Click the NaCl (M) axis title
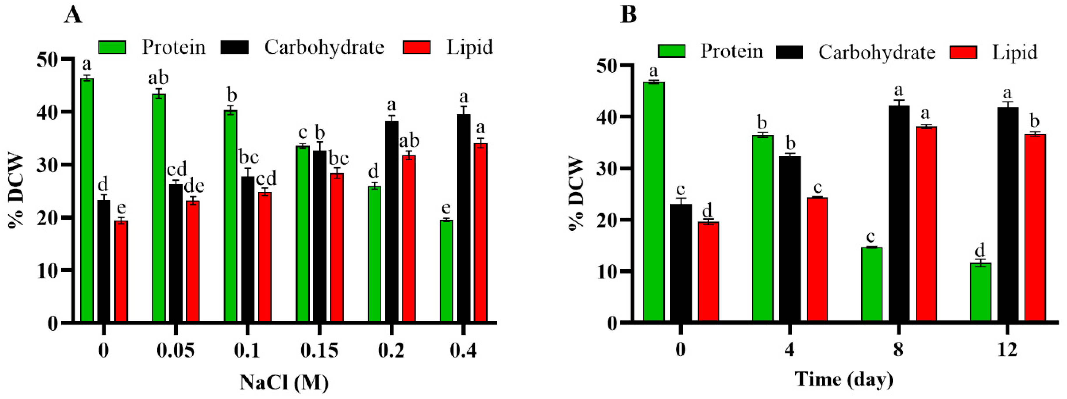284,382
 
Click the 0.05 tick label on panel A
175,351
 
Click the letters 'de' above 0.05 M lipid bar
194,187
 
